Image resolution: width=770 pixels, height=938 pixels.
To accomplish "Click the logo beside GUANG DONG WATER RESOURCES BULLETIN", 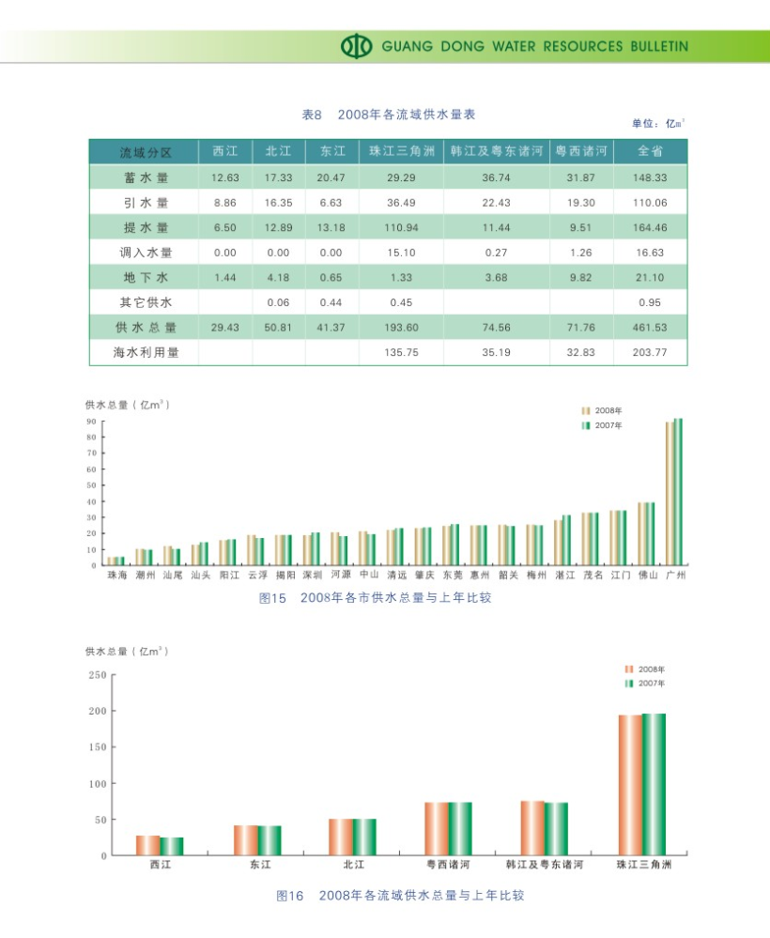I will point(357,46).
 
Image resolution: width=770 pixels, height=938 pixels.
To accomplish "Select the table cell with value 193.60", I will point(400,328).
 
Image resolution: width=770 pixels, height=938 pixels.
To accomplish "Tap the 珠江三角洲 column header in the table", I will point(400,151).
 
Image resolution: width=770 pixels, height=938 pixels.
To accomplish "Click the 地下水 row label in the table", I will point(144,277).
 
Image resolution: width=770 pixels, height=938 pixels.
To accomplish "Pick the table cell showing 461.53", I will point(650,328).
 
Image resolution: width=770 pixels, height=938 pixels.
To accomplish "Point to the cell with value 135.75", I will point(400,353).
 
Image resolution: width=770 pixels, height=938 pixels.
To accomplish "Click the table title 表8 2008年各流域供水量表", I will point(388,115).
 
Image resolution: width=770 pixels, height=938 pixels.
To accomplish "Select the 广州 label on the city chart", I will point(672,575).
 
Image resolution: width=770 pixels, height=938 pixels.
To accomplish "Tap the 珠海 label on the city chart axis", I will point(115,575).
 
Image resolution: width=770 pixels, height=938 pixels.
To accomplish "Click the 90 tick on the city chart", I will point(92,422).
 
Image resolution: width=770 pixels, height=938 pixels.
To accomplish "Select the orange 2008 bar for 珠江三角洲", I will point(629,785).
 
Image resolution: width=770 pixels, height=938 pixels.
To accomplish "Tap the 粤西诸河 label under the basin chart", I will point(448,865).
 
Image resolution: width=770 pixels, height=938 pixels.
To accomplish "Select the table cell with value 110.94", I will point(400,227).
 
